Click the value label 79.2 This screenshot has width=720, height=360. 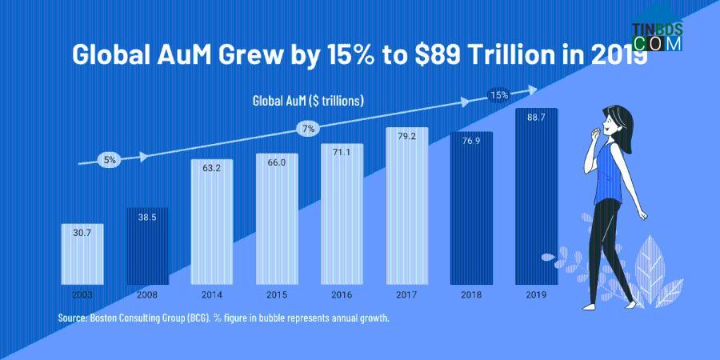(406, 137)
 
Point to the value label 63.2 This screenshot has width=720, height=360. (212, 169)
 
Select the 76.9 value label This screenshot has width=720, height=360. (471, 141)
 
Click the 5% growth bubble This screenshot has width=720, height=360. (110, 160)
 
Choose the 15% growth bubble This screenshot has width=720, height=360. (499, 95)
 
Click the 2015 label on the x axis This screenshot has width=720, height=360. (277, 294)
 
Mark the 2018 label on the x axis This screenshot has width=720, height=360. (471, 294)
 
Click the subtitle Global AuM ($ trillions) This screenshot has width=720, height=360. (309, 101)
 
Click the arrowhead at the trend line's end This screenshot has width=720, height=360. (529, 89)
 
